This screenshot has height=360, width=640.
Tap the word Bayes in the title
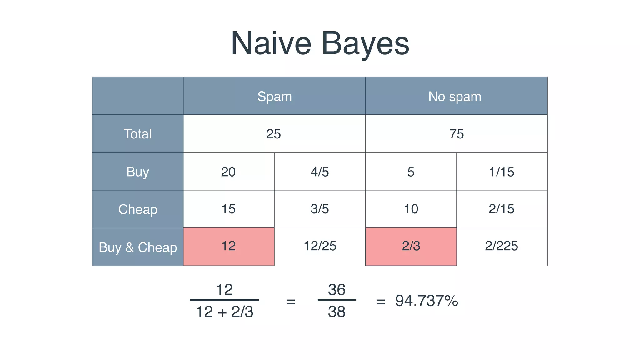tap(365, 44)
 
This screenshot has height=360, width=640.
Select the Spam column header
tap(274, 96)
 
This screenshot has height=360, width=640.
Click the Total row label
tap(138, 134)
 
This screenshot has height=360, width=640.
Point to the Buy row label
tap(138, 172)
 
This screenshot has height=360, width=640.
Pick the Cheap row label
tap(138, 209)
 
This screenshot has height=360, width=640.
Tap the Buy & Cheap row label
tap(138, 247)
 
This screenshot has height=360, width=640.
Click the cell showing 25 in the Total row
tap(274, 134)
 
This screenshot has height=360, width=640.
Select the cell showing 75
tap(456, 134)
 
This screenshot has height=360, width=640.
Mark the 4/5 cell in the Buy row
tap(320, 172)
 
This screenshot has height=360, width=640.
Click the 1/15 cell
tap(502, 172)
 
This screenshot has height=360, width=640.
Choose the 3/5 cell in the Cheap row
tap(320, 209)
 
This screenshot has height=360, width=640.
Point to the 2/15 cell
tap(502, 209)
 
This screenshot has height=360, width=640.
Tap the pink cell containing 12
tap(229, 247)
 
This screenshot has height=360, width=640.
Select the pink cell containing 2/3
tap(411, 247)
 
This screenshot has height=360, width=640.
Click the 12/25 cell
tap(320, 246)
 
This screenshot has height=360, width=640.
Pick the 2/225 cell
tap(502, 246)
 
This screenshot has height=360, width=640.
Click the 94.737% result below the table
tap(427, 301)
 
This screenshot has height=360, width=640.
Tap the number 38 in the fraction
tap(337, 312)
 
